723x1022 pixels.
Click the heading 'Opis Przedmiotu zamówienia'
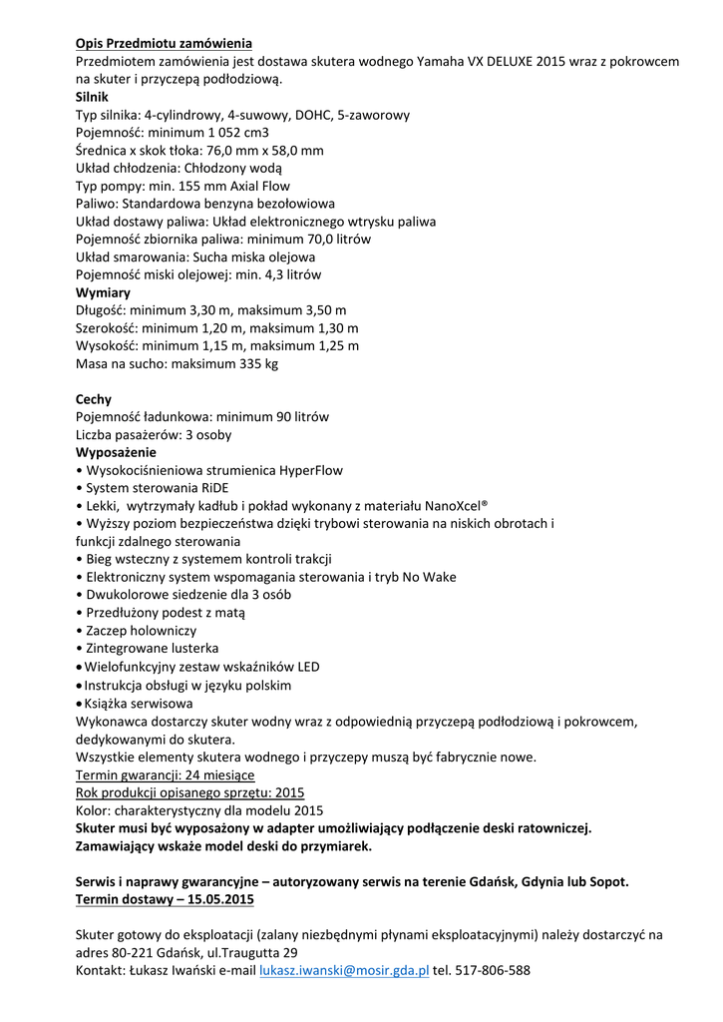point(164,43)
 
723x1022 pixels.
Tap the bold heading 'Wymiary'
point(103,292)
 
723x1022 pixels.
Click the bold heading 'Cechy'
point(94,399)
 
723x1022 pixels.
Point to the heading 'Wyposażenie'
point(116,452)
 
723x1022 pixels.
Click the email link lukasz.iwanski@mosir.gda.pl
point(344,969)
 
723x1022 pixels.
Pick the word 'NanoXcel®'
point(456,505)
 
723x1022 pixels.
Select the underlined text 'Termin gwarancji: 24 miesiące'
point(166,774)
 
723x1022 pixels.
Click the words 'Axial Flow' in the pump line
point(259,186)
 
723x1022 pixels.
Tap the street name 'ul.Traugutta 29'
point(249,952)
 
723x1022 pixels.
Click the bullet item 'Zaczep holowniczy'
point(141,631)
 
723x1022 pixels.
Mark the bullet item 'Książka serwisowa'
point(139,703)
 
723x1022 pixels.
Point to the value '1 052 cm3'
point(233,133)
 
